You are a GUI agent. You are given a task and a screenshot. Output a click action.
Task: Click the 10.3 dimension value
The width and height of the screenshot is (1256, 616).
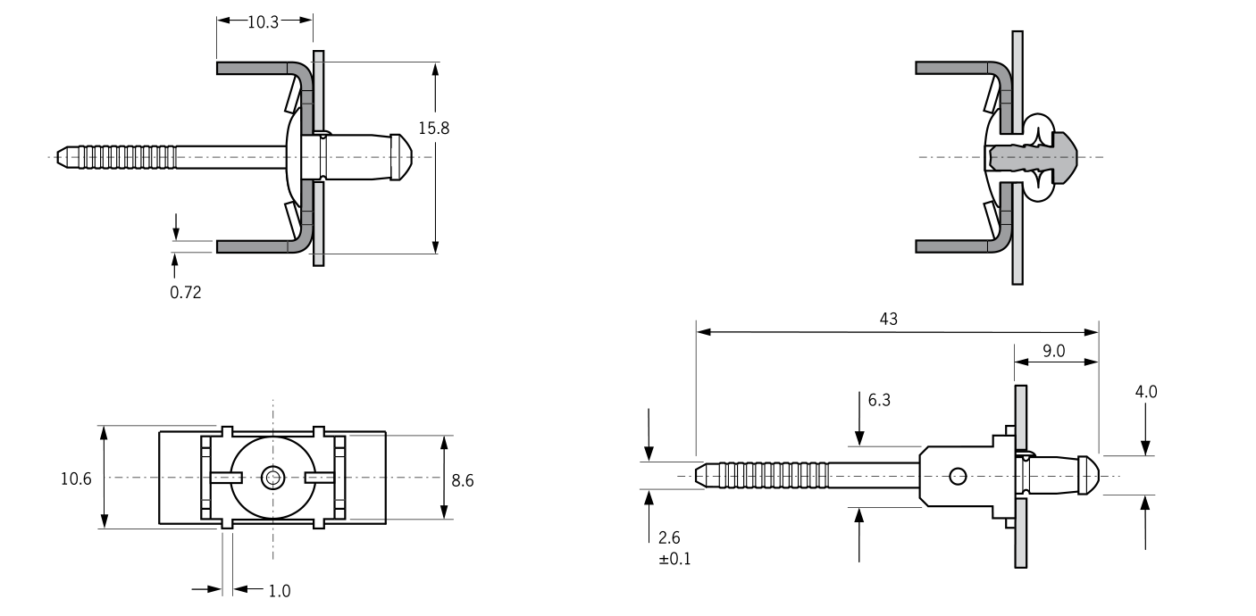click(x=264, y=22)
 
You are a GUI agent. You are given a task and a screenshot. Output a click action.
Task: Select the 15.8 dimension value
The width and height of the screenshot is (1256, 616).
click(x=434, y=128)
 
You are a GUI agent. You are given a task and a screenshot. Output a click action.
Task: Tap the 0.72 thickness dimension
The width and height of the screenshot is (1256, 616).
click(x=186, y=292)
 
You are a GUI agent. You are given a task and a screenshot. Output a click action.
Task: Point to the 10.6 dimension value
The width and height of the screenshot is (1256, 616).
click(x=76, y=479)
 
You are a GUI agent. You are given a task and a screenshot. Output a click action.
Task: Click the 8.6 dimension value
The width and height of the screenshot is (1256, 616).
click(x=462, y=480)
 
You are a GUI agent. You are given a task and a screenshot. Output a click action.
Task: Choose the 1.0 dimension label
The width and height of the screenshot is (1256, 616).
click(x=279, y=590)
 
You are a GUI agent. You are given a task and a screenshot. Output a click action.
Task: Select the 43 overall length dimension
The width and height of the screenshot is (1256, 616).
click(x=888, y=319)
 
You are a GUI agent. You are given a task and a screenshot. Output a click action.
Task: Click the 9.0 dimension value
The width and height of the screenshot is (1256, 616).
click(x=1054, y=351)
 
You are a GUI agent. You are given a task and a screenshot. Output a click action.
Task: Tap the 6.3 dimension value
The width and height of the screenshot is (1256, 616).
click(x=879, y=401)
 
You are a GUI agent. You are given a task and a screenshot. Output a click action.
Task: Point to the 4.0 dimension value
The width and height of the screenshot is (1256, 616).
click(x=1146, y=391)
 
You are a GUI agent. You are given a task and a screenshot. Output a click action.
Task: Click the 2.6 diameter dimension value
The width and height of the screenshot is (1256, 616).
click(x=668, y=538)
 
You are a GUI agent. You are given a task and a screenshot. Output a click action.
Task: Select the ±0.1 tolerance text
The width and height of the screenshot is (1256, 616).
click(x=674, y=559)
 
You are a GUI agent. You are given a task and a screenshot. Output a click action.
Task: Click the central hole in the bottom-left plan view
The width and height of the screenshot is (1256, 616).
click(x=272, y=478)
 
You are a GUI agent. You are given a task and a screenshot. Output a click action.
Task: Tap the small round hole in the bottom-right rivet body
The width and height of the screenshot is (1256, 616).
click(x=958, y=476)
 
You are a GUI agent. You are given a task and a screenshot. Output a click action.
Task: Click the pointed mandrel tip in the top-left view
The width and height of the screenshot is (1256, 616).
click(x=63, y=157)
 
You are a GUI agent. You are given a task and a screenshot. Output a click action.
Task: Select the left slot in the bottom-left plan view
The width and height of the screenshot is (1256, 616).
click(x=225, y=478)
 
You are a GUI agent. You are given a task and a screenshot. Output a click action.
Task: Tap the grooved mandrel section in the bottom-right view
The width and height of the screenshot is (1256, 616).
click(x=768, y=475)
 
